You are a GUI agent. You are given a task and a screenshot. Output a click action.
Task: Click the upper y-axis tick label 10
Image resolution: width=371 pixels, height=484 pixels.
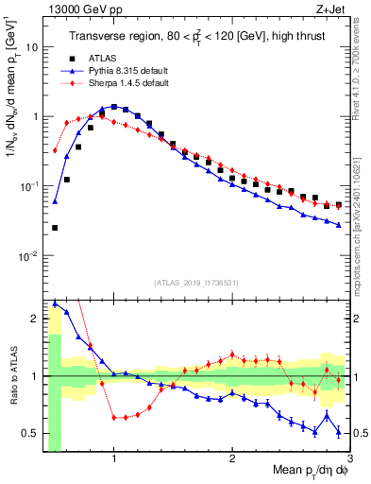(32, 46)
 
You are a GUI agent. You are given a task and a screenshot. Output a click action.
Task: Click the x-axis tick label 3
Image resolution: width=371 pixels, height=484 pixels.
(349, 458)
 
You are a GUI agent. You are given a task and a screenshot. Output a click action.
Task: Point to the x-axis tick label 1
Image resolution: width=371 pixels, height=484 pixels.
(114, 458)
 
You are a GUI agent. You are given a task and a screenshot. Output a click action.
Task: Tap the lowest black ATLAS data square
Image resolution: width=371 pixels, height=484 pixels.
(55, 228)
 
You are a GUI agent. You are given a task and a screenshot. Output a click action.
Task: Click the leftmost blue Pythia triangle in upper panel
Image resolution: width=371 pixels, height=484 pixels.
(55, 200)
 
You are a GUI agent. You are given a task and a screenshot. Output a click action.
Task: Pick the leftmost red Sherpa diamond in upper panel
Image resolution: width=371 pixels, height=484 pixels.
(55, 150)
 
